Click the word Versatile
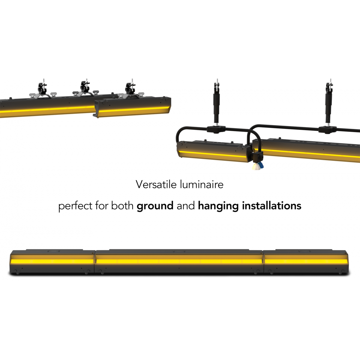[156, 184]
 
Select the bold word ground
[155, 206]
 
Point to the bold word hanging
[218, 206]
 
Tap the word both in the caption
[122, 206]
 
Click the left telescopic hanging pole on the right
[216, 102]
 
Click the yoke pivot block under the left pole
[216, 129]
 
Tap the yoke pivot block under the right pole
[328, 130]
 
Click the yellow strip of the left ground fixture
[52, 261]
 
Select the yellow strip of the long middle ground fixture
[179, 261]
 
